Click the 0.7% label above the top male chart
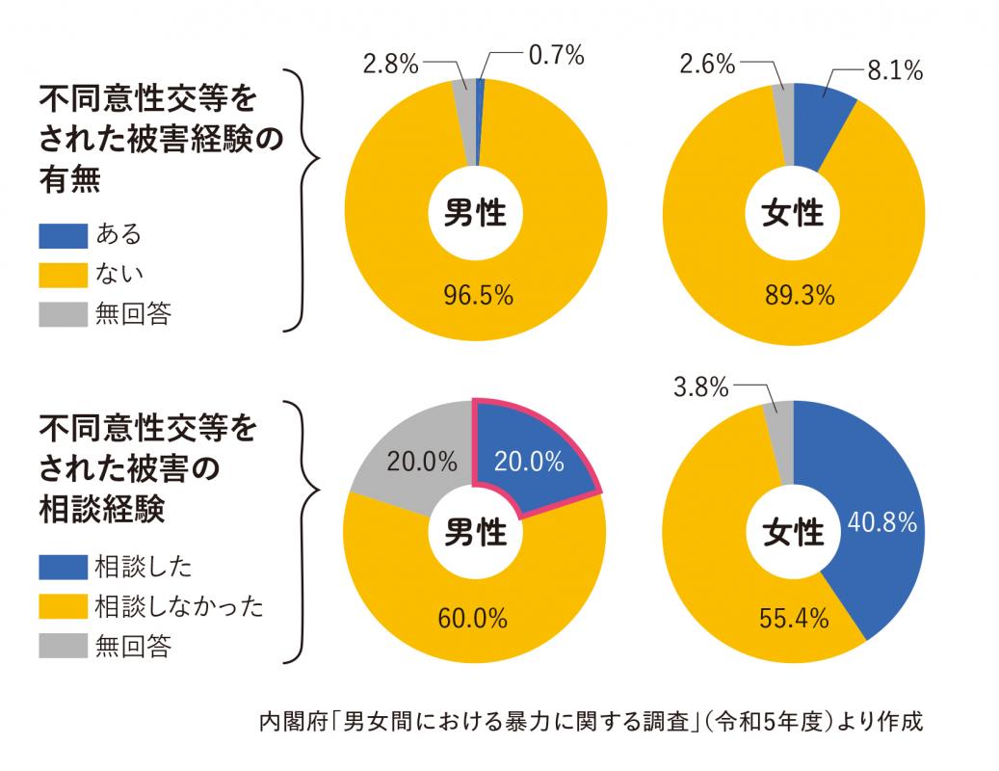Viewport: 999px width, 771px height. point(557,56)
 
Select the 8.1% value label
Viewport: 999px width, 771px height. point(895,70)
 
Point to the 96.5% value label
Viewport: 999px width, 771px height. point(477,295)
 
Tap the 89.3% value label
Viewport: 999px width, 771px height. point(798,295)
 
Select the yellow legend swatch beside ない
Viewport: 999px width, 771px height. point(64,275)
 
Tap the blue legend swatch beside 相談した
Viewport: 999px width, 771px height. point(64,566)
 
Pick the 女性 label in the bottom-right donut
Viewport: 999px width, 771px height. point(794,530)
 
